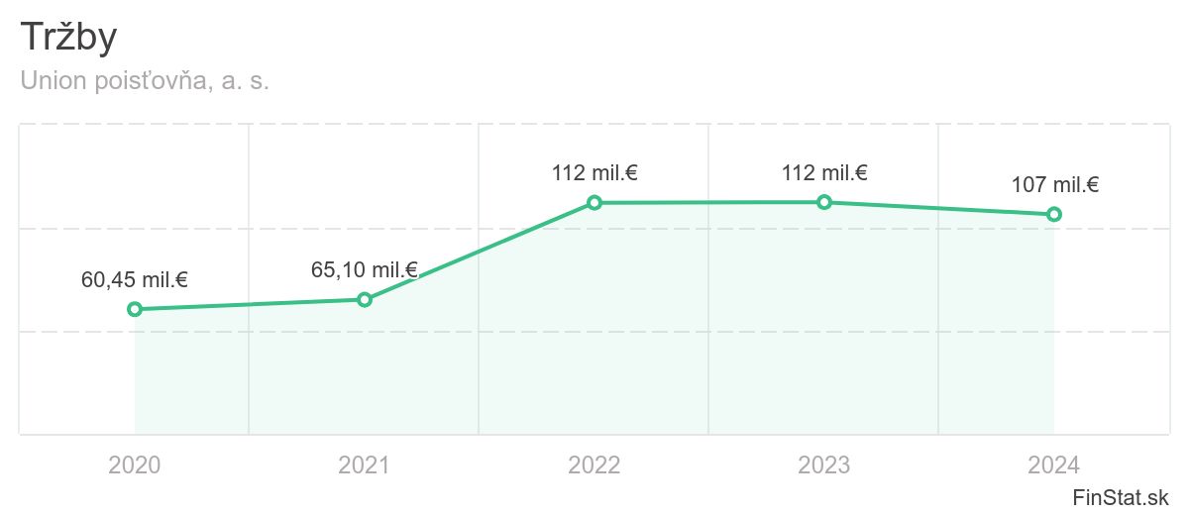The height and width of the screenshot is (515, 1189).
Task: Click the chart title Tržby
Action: pyautogui.click(x=69, y=39)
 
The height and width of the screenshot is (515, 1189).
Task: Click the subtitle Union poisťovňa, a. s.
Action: pyautogui.click(x=145, y=81)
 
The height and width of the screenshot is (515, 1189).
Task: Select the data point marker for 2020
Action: pyautogui.click(x=135, y=309)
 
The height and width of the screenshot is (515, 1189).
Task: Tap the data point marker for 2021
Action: pyautogui.click(x=365, y=299)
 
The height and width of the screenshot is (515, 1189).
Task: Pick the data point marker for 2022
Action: pyautogui.click(x=594, y=203)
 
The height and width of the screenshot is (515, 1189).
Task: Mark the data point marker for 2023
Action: pyautogui.click(x=824, y=202)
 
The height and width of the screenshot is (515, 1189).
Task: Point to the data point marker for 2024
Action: pyautogui.click(x=1054, y=214)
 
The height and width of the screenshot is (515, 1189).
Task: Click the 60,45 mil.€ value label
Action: pyautogui.click(x=135, y=280)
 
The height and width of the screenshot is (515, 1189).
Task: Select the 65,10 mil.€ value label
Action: pyautogui.click(x=365, y=269)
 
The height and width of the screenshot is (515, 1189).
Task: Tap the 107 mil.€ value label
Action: pyautogui.click(x=1054, y=185)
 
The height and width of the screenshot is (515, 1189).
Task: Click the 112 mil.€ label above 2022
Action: pyautogui.click(x=594, y=173)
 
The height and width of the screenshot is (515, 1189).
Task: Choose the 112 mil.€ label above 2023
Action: pyautogui.click(x=824, y=173)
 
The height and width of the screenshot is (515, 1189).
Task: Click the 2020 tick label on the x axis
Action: pyautogui.click(x=135, y=464)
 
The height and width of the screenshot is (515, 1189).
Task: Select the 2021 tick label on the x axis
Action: pyautogui.click(x=365, y=464)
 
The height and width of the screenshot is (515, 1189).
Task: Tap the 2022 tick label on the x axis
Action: pyautogui.click(x=594, y=464)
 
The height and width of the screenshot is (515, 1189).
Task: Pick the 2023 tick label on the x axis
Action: pyautogui.click(x=824, y=464)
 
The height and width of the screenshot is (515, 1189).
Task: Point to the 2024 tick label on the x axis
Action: pyautogui.click(x=1054, y=464)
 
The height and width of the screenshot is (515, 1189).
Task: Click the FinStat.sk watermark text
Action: pyautogui.click(x=1122, y=496)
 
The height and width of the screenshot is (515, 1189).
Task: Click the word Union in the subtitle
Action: pyautogui.click(x=53, y=81)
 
